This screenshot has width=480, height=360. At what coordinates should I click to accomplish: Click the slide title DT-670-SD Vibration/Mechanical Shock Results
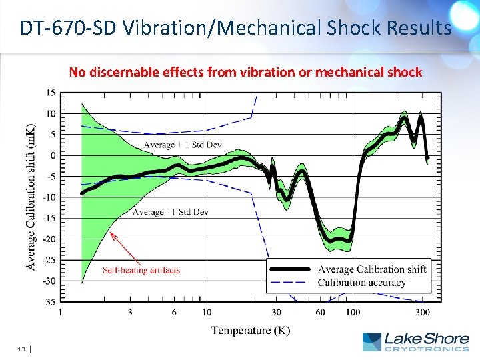(x=235, y=28)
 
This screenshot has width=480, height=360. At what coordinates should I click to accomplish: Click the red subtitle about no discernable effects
(x=245, y=72)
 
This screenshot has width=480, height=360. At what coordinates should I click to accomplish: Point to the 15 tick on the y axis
(x=51, y=93)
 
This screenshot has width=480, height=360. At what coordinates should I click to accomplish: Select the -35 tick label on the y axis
(x=49, y=301)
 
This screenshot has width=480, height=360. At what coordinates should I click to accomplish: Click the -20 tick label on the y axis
(x=49, y=239)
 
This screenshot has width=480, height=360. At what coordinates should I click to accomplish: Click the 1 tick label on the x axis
(x=61, y=313)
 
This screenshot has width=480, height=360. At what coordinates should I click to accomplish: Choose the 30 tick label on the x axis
(x=276, y=313)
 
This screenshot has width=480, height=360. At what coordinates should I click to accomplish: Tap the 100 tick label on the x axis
(x=353, y=313)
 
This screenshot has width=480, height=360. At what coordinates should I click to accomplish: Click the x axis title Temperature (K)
(x=251, y=330)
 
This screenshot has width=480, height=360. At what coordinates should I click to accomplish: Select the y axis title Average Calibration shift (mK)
(x=31, y=197)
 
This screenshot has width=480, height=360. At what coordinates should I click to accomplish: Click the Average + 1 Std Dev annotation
(x=182, y=145)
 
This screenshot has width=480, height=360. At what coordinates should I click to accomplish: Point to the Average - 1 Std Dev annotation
(x=170, y=212)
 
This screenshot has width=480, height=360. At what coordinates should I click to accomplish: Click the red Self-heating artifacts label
(x=141, y=270)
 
